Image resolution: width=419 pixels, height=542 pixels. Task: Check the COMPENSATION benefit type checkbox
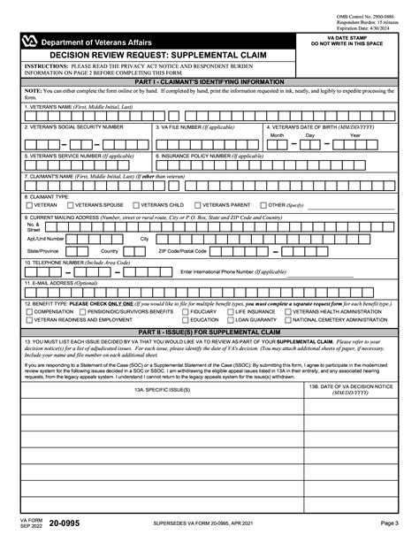(30, 312)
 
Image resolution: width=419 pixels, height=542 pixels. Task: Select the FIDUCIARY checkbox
(183, 312)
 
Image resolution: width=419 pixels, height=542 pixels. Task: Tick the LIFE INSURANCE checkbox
(229, 312)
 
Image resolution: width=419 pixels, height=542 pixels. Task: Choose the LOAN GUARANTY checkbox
(229, 320)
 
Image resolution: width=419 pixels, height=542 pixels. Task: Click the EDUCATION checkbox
(183, 320)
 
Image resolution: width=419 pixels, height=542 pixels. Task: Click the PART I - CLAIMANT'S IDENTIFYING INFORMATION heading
(209, 80)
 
